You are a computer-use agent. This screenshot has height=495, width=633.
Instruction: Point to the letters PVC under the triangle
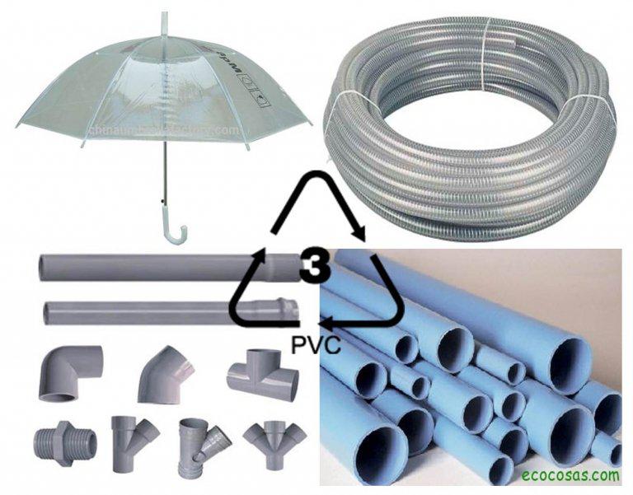[x=316, y=343]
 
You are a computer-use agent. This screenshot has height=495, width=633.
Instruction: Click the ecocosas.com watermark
[x=570, y=474]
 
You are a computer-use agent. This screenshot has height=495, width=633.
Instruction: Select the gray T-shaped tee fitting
[x=262, y=375]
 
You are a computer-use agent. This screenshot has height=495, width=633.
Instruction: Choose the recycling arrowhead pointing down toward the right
[x=359, y=233]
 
